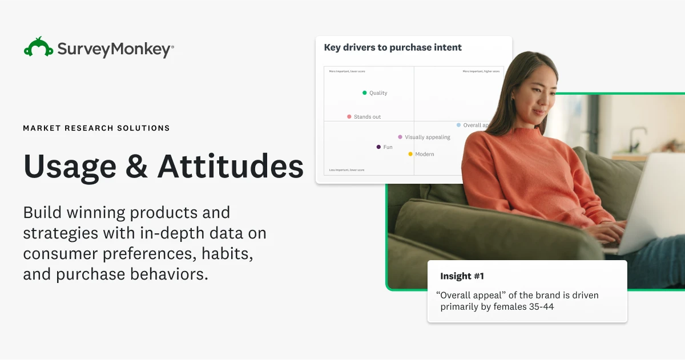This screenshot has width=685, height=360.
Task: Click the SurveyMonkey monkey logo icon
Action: [38, 47]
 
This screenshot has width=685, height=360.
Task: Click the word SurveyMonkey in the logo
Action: [114, 49]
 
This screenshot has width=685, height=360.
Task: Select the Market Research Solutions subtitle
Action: [96, 128]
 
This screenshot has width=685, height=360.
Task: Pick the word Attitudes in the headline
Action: [231, 166]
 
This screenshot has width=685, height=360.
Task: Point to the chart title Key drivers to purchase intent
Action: [393, 47]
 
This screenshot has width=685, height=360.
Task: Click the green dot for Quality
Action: [365, 92]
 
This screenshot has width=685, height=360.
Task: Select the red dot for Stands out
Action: [349, 116]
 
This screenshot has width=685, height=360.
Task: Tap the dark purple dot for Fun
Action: [378, 147]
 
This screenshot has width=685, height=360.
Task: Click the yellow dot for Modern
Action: [410, 154]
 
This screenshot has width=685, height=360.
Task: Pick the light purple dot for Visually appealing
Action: [400, 137]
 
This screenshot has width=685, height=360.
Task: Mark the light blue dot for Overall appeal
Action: [458, 125]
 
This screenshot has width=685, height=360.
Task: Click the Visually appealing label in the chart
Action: [428, 137]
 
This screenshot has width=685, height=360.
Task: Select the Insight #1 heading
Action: [462, 276]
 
